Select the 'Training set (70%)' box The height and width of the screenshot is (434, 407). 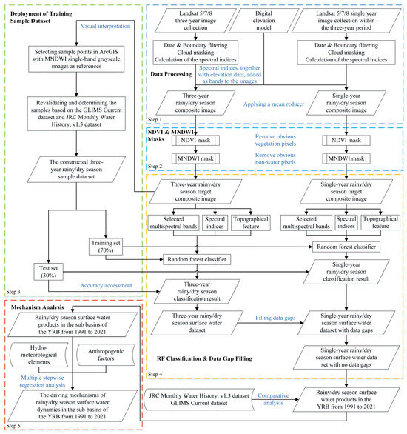(109, 247)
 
